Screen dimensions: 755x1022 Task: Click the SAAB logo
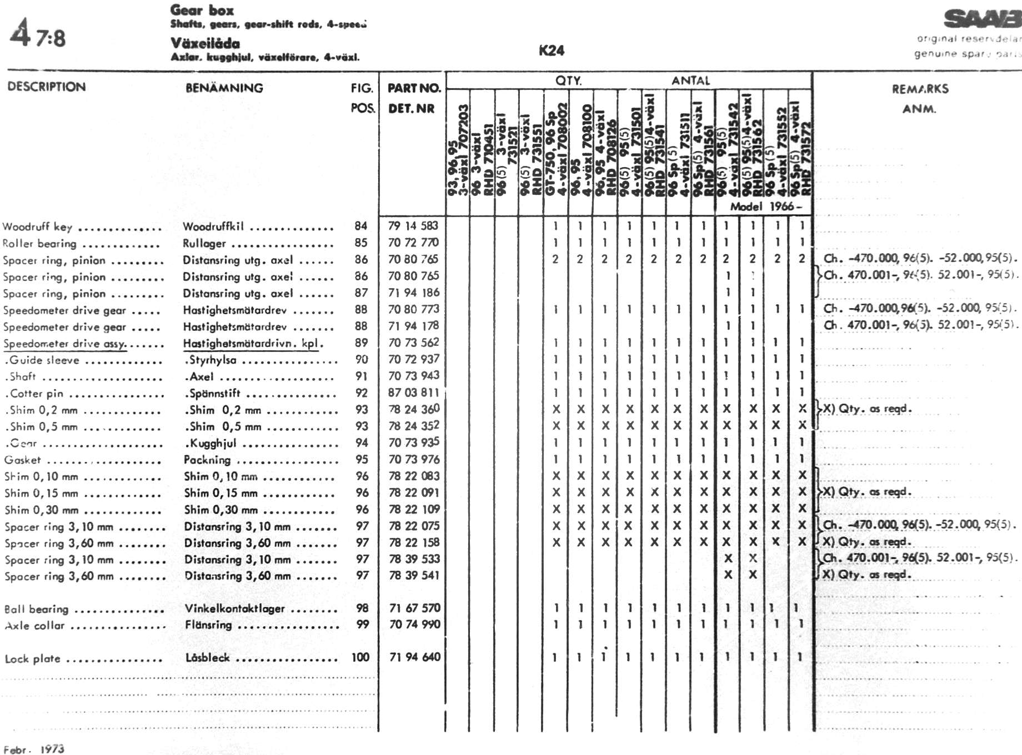click(982, 19)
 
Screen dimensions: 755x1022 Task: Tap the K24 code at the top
click(551, 51)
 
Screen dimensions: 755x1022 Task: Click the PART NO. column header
click(414, 88)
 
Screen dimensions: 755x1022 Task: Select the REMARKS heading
click(920, 89)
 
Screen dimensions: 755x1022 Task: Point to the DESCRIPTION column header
click(47, 87)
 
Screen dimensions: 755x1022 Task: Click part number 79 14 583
click(413, 226)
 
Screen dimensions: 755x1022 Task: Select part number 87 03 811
click(413, 392)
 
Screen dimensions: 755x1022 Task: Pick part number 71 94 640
click(414, 657)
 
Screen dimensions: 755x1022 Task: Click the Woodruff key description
click(37, 226)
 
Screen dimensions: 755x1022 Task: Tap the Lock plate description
click(32, 659)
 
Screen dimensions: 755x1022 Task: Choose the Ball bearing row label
click(36, 609)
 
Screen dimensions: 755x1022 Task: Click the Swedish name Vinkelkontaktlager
click(234, 608)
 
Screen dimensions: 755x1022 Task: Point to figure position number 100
click(360, 657)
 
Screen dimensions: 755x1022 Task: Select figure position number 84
click(361, 226)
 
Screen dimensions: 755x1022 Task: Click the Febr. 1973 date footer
click(34, 749)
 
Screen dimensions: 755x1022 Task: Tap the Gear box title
click(202, 10)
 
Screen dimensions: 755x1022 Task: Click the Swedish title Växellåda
click(205, 43)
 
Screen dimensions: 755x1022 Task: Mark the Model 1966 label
click(766, 207)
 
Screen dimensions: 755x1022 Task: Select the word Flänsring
click(208, 625)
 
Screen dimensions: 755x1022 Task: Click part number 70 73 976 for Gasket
click(414, 459)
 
